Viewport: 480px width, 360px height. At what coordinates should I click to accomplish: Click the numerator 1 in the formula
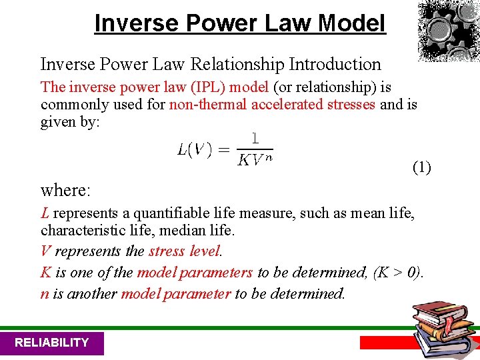[255, 138]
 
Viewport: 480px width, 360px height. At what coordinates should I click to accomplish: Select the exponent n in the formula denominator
[269, 157]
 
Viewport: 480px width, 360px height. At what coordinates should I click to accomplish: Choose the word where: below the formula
[65, 190]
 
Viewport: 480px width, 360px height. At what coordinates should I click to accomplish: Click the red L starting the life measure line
[45, 213]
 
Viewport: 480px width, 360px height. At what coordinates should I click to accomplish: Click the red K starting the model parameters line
[46, 272]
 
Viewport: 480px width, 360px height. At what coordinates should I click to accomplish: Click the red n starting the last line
[45, 293]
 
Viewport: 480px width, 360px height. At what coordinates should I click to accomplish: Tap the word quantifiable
[171, 213]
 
